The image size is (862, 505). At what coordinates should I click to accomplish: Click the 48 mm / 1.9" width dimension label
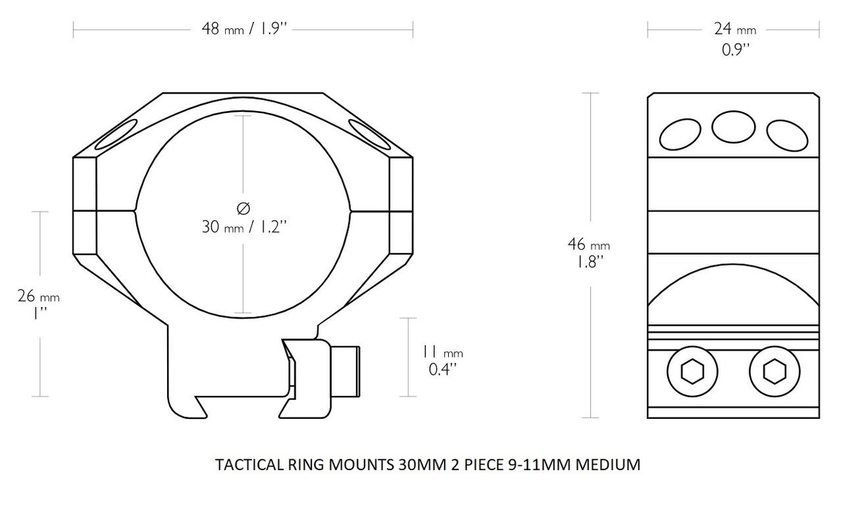point(243,30)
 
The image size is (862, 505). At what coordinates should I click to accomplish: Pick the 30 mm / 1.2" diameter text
point(245,227)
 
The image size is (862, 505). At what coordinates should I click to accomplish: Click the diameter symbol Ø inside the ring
point(245,208)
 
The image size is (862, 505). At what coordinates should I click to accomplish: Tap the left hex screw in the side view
point(692,371)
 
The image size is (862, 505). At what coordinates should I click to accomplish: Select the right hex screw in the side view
point(774,371)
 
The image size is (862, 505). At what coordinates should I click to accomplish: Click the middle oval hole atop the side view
point(733,127)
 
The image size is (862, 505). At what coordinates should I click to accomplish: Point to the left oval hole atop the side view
point(680,134)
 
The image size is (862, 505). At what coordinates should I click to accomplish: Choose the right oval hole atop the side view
point(787,134)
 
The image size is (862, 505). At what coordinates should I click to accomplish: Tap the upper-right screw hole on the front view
point(370,133)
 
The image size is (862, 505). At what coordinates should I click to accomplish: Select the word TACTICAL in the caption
point(243,465)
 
